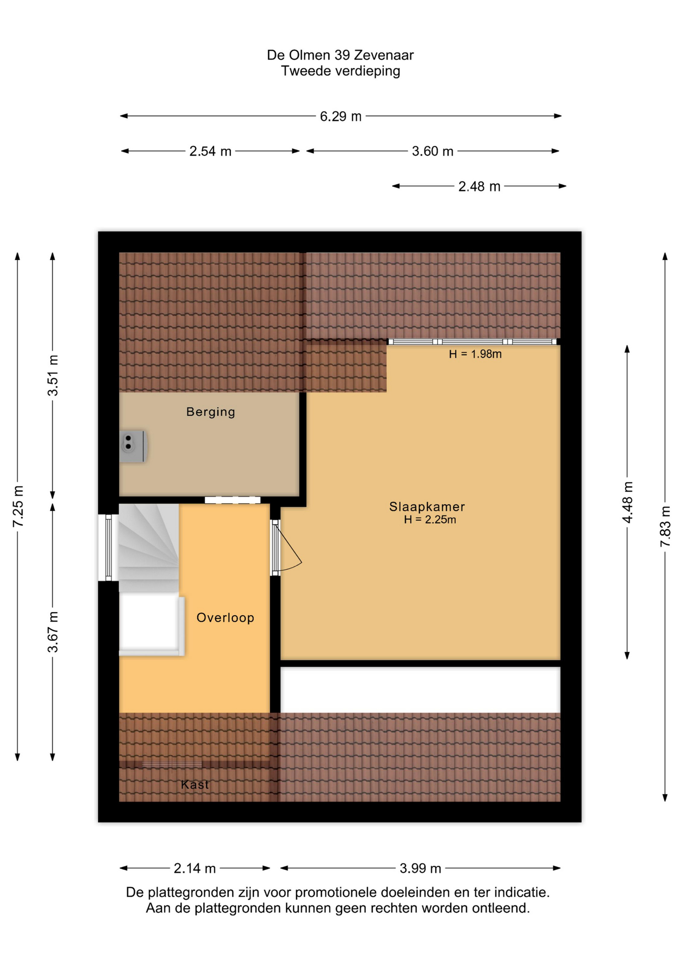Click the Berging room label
click(x=210, y=412)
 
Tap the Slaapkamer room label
click(x=427, y=507)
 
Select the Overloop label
click(x=225, y=618)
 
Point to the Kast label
click(x=195, y=785)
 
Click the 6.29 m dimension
click(x=340, y=117)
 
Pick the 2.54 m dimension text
click(x=210, y=151)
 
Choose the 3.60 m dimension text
click(x=433, y=151)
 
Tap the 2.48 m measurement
click(x=479, y=186)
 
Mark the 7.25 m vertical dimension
click(x=18, y=507)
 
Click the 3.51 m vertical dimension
click(x=53, y=375)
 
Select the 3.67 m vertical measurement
click(x=53, y=632)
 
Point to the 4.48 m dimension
click(x=628, y=502)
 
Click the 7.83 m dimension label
click(x=665, y=527)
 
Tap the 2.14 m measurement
click(x=195, y=868)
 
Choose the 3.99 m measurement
click(x=420, y=868)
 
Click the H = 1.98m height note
click(x=475, y=354)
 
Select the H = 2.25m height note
click(x=430, y=520)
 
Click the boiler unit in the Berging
click(x=133, y=446)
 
